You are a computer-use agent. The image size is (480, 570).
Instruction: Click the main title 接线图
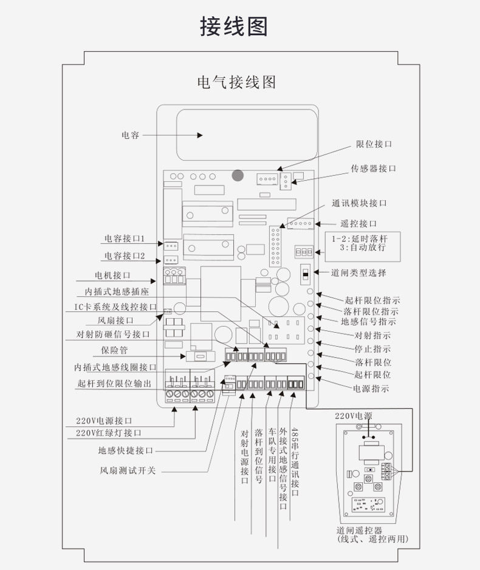coord(234,26)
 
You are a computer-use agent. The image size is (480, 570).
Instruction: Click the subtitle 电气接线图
coord(236,82)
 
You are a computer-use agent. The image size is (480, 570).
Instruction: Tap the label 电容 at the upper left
coord(131,135)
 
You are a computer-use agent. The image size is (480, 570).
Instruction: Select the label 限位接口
coord(374,144)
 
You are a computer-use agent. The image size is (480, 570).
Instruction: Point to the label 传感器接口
coord(373,169)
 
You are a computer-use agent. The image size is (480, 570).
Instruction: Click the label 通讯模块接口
coord(359,203)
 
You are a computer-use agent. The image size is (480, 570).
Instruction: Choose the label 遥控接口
coord(358,224)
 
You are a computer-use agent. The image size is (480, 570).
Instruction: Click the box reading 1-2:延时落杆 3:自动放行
coord(362,246)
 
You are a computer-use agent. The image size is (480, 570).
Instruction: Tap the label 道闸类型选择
coord(358,273)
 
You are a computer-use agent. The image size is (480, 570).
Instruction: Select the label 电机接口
coord(112,275)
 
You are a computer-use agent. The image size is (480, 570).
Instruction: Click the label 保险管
coord(114,350)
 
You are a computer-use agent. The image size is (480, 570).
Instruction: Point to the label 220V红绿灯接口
coord(109,433)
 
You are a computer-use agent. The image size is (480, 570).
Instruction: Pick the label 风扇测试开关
coord(128,470)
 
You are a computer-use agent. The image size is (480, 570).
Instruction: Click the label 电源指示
coord(371,388)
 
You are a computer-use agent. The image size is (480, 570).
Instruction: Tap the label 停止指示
coord(372,349)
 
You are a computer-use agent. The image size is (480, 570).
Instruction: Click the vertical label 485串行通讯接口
coord(295,462)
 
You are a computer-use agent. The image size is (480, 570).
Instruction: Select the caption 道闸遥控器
coord(359,530)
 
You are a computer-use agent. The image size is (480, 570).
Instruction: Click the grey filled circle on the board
coord(238,176)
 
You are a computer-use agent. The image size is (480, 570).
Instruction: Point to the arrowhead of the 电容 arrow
coord(200,135)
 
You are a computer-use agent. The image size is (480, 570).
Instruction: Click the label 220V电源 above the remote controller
coord(353,416)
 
